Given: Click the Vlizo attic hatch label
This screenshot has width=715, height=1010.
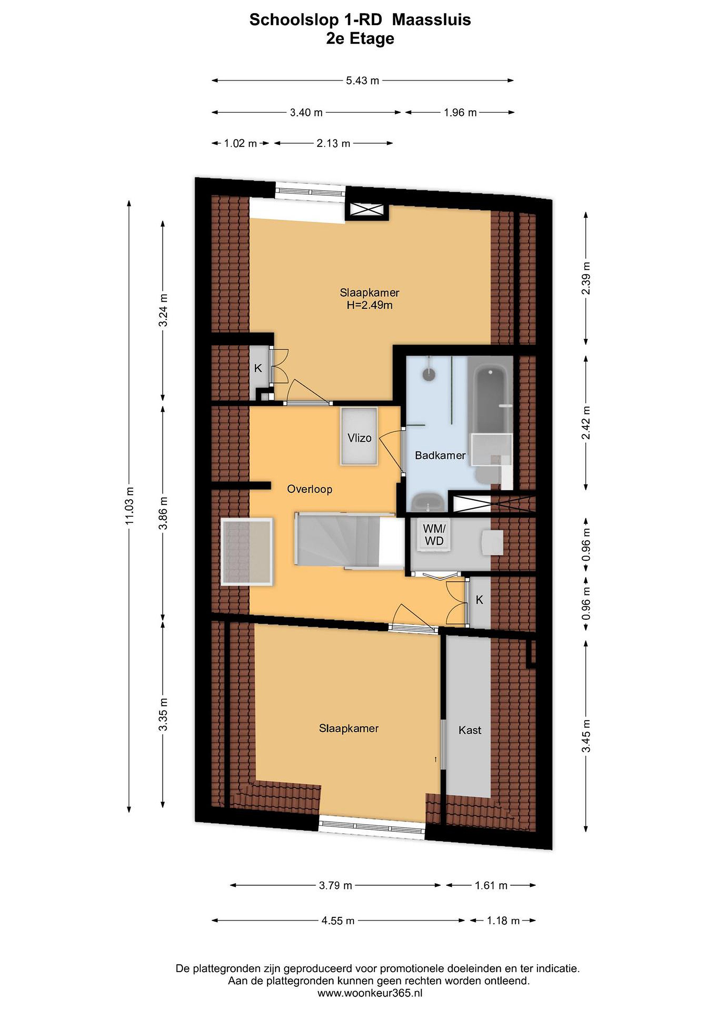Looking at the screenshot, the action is pyautogui.click(x=359, y=438).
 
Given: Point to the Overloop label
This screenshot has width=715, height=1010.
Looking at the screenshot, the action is pyautogui.click(x=310, y=489).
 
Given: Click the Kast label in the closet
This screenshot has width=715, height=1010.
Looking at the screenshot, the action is pyautogui.click(x=470, y=730).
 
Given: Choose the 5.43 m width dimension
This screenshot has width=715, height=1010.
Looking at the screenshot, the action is pyautogui.click(x=362, y=81).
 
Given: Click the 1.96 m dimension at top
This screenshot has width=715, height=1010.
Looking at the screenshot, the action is pyautogui.click(x=460, y=113).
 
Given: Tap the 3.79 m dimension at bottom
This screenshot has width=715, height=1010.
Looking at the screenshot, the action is pyautogui.click(x=336, y=886).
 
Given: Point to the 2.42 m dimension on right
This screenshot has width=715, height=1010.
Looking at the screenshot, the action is pyautogui.click(x=585, y=422).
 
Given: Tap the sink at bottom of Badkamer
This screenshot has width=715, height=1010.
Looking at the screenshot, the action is pyautogui.click(x=426, y=503).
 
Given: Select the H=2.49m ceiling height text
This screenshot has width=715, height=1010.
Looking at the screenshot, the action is pyautogui.click(x=369, y=305).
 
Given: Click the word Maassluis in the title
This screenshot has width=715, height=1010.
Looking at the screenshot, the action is pyautogui.click(x=431, y=20).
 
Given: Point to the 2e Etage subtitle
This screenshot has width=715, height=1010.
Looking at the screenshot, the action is pyautogui.click(x=360, y=39).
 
